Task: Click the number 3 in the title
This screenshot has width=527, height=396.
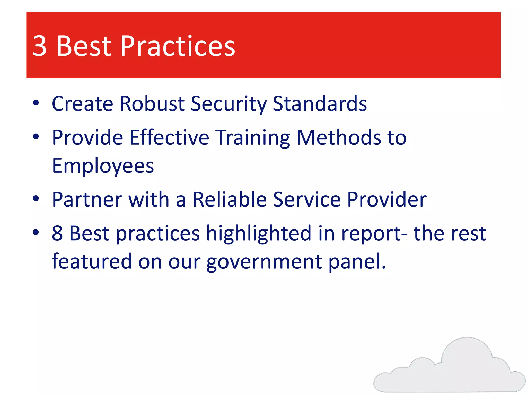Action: click(x=40, y=46)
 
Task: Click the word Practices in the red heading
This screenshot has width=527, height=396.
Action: click(x=178, y=46)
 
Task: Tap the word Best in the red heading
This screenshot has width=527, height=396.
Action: click(x=84, y=46)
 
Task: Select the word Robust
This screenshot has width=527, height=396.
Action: click(x=152, y=104)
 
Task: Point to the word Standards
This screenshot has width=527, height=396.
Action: click(x=320, y=104)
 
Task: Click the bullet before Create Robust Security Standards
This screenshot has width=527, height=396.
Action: click(x=36, y=103)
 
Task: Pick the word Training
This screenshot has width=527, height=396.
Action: click(x=252, y=138)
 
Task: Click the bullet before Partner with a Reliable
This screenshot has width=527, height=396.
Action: click(x=36, y=199)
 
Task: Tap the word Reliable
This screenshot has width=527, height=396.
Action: click(x=230, y=199)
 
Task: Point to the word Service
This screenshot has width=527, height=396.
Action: click(x=307, y=199)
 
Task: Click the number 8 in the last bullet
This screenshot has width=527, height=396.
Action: click(x=57, y=233)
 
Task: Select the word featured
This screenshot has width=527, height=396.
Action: click(x=92, y=261)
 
